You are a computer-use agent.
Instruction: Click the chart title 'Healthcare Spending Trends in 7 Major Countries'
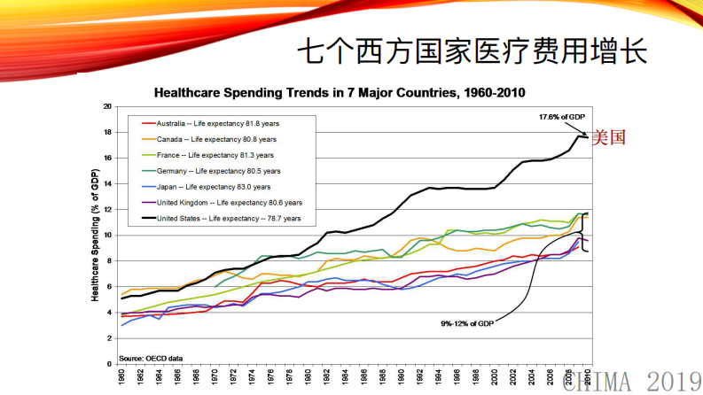(340, 91)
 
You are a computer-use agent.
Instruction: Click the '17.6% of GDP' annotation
(562, 116)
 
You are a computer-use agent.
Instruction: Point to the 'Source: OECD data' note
(152, 357)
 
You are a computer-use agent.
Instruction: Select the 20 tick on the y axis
(107, 106)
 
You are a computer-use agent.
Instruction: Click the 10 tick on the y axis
(107, 236)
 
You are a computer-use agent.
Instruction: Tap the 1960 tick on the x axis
(121, 379)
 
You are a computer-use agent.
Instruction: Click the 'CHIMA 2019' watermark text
(630, 382)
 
